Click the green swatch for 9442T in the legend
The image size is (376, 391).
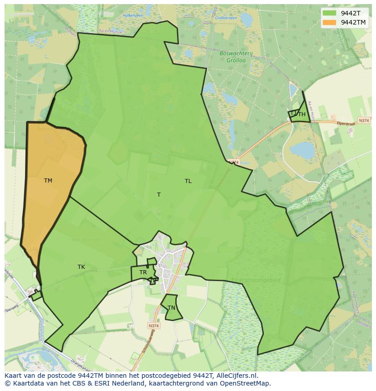(x=330, y=13)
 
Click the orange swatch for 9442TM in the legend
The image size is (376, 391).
(x=330, y=22)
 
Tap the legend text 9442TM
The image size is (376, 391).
(x=353, y=22)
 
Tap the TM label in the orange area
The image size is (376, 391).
(x=48, y=181)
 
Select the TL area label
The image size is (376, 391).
(x=188, y=181)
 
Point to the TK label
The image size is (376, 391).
(x=81, y=267)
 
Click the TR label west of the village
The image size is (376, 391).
(x=143, y=272)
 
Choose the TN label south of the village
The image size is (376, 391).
(x=171, y=308)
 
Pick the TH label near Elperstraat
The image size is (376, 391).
(x=302, y=114)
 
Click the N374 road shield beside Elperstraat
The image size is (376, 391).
(x=363, y=120)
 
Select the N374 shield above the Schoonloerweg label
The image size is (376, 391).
(x=153, y=326)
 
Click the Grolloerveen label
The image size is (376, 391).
(x=226, y=19)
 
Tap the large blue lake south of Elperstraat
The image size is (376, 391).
(x=302, y=150)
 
